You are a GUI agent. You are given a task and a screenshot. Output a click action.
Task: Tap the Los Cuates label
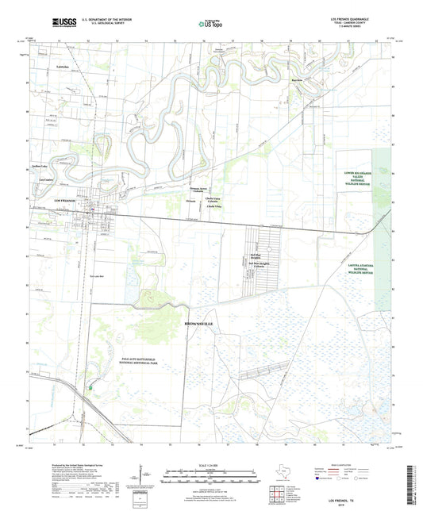[x=37, y=179]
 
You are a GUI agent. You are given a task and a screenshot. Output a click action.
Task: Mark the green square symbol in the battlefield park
[x=92, y=387]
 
